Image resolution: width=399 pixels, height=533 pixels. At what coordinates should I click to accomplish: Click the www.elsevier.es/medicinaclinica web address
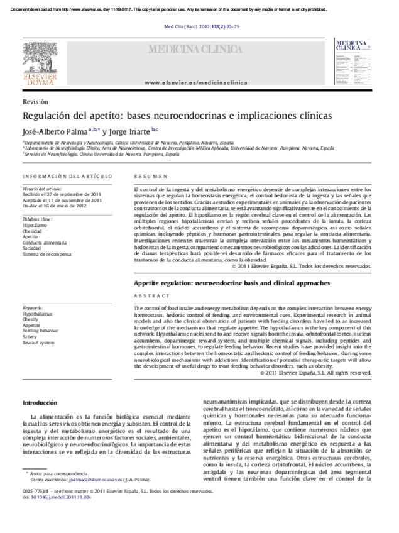(196, 83)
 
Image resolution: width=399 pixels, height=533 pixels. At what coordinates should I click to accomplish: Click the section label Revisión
(35, 102)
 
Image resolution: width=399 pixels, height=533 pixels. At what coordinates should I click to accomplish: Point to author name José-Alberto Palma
(55, 131)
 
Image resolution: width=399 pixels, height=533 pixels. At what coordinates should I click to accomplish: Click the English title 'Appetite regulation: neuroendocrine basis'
(232, 283)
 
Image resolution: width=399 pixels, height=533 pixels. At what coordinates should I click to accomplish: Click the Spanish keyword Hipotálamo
(35, 224)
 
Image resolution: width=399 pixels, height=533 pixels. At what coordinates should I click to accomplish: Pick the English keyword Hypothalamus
(37, 313)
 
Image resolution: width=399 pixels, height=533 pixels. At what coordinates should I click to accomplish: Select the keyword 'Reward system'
(38, 343)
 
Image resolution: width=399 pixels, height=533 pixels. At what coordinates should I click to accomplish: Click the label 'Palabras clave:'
(37, 219)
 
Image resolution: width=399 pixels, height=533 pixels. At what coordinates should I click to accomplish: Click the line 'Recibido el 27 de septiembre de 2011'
(62, 194)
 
